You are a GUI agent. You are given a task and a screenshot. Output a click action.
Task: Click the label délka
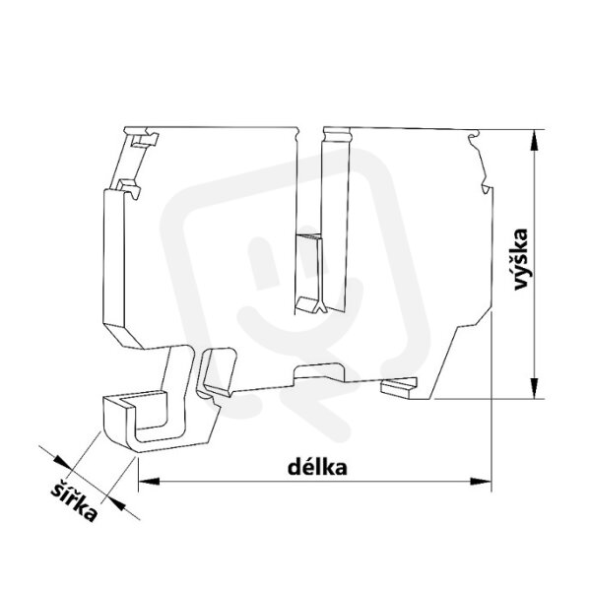pos(317,467)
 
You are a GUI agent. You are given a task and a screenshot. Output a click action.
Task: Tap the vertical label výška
pos(521,259)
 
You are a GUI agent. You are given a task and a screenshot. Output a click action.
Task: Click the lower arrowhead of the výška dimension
pos(534,388)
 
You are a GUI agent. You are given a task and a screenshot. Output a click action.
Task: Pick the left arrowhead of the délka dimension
pos(150,482)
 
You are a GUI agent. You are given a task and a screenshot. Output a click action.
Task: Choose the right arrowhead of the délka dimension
pos(481,482)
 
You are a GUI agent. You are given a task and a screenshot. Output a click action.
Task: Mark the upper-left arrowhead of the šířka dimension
pos(62,462)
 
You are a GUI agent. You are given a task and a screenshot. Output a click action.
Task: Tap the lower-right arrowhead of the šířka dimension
pos(115,503)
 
